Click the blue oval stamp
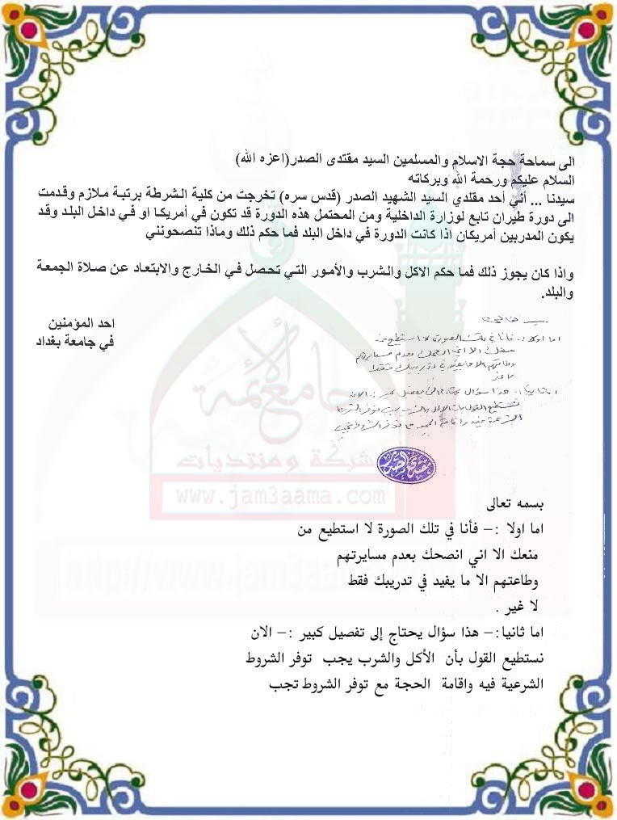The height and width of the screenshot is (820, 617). [418, 465]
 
